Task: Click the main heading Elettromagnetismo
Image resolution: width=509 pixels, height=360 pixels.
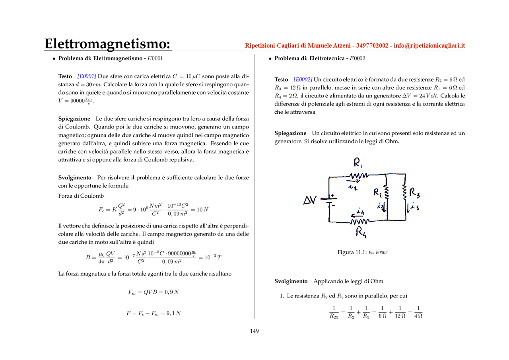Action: point(107,43)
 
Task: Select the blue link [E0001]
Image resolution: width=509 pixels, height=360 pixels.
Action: point(87,76)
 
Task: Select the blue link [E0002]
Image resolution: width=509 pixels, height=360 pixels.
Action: point(303,80)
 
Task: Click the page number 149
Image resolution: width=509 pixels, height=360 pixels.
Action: point(254,331)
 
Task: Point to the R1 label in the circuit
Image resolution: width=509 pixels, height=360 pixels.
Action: point(358,163)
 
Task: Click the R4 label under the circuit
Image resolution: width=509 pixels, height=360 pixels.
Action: point(361,232)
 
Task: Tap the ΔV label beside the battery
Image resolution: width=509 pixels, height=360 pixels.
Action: point(310,200)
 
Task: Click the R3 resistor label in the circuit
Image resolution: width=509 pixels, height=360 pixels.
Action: point(414,193)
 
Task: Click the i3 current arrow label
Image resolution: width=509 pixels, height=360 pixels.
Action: point(414,207)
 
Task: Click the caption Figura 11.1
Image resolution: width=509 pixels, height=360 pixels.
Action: point(352,252)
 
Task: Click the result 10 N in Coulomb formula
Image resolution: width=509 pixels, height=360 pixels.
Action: point(202,210)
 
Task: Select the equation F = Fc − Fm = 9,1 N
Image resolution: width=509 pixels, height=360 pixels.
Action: point(153,313)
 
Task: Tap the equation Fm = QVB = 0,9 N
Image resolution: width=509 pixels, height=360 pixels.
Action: point(153,292)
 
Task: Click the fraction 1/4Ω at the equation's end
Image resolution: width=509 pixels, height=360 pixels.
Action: point(418,312)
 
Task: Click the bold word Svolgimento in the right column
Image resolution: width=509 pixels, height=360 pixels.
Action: point(291,281)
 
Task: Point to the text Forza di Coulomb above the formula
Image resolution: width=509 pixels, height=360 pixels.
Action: point(81,196)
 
